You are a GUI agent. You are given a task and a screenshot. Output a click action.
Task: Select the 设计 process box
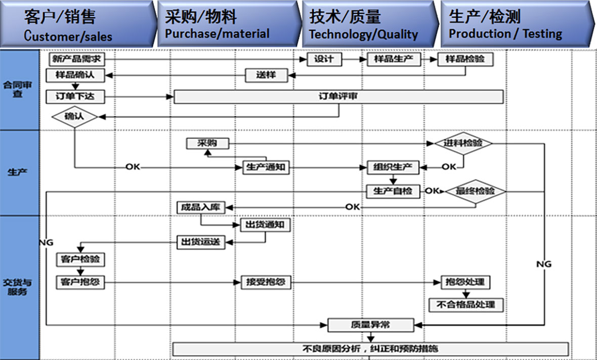coord(324,59)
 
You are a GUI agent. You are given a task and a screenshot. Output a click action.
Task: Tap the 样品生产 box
coord(394,59)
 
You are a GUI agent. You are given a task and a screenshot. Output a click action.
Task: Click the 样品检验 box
coord(465,59)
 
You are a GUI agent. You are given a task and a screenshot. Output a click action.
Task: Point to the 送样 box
coord(266,75)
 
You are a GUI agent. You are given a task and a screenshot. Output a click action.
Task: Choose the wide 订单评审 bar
coord(338,97)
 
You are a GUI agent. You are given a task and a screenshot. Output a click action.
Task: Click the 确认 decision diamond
coord(74,117)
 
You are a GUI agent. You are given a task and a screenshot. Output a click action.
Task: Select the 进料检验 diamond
coord(463,143)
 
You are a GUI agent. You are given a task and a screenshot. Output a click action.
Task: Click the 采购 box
coord(207,144)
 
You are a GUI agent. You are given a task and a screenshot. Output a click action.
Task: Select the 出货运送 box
coord(201,242)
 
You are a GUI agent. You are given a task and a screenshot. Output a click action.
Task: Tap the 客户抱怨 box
coord(80,282)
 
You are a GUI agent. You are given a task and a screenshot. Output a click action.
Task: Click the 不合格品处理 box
coord(466,304)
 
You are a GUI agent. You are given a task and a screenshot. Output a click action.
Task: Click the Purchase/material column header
coord(217,34)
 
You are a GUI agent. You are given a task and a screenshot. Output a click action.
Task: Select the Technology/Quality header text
coord(363,34)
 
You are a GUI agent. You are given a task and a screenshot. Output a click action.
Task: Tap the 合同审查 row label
coord(18,89)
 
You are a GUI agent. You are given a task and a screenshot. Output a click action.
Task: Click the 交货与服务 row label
coord(18,287)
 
